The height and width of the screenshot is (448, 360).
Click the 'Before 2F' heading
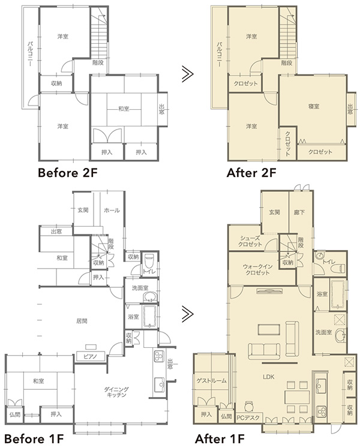pos(68,173)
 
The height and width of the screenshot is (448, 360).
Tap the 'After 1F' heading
pos(220,438)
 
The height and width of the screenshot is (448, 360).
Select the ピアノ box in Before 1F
pos(91,356)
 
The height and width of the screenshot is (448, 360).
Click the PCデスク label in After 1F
pos(248,418)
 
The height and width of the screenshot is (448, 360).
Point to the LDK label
pos(268,377)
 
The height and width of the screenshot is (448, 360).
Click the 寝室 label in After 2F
pos(314,107)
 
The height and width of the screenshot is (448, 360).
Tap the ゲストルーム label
pos(212,381)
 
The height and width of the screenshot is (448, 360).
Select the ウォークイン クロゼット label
pos(257,269)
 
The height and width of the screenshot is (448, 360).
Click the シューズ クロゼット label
pos(250,241)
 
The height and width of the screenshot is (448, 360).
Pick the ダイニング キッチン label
pos(116,392)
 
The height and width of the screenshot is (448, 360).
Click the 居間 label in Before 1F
pos(82,321)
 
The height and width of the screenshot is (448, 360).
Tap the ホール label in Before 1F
pos(112,211)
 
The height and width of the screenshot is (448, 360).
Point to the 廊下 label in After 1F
pos(299,212)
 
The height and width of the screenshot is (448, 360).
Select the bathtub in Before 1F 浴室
pos(149,317)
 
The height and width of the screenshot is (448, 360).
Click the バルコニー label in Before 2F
pos(30,54)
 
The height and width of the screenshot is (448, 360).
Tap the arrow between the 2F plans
pos(188,74)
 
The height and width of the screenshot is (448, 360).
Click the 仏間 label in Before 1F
pos(14,414)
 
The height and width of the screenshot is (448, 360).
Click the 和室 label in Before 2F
pos(124,109)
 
